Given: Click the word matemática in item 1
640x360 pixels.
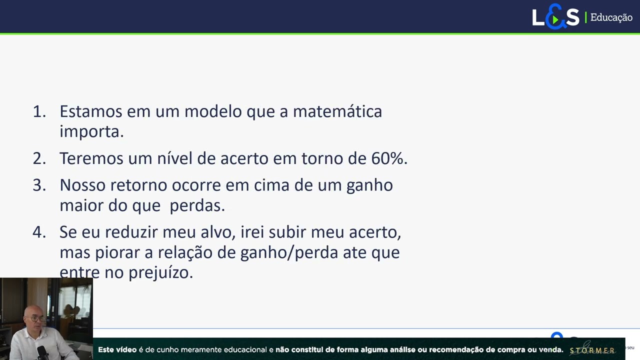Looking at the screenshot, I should pyautogui.click(x=337, y=111).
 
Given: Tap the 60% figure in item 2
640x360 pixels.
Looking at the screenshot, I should pyautogui.click(x=388, y=158).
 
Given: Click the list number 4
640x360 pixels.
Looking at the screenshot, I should pyautogui.click(x=38, y=232).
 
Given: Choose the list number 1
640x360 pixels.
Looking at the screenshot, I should pyautogui.click(x=38, y=111).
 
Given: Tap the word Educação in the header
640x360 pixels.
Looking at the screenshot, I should pyautogui.click(x=611, y=17).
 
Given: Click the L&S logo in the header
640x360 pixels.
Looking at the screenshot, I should pyautogui.click(x=555, y=17).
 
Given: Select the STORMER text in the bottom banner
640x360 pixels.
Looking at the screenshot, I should pyautogui.click(x=592, y=350).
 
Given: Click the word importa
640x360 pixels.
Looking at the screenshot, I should pyautogui.click(x=91, y=131).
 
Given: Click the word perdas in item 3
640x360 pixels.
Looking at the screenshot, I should pyautogui.click(x=197, y=205).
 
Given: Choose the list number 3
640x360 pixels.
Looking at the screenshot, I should pyautogui.click(x=38, y=185).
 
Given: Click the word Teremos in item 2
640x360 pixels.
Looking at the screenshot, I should pyautogui.click(x=91, y=158).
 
